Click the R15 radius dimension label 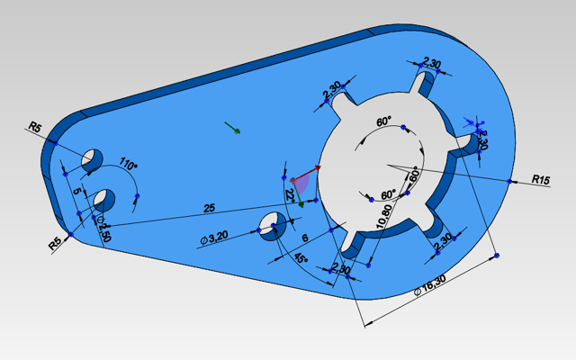tap(540, 180)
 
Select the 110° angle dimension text tap(128, 166)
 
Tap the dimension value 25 tap(209, 208)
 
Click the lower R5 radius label tap(55, 240)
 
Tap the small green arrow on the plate tap(232, 128)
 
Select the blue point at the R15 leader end tap(511, 182)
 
